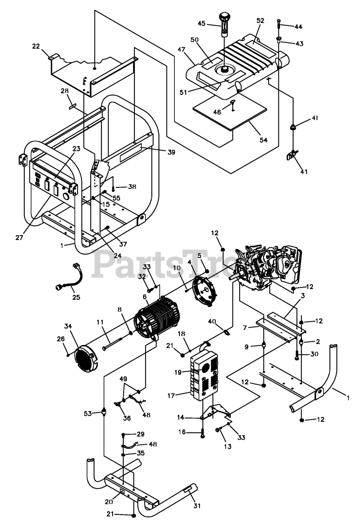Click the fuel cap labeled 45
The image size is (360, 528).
[x=224, y=24]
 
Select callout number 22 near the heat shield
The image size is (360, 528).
[x=36, y=47]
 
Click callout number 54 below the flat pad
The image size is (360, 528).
[x=264, y=140]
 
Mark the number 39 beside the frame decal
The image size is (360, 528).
[x=171, y=152]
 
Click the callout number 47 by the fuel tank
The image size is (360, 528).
[x=181, y=49]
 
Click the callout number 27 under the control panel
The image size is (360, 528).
[x=19, y=238]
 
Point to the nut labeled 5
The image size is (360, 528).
[x=207, y=271]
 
